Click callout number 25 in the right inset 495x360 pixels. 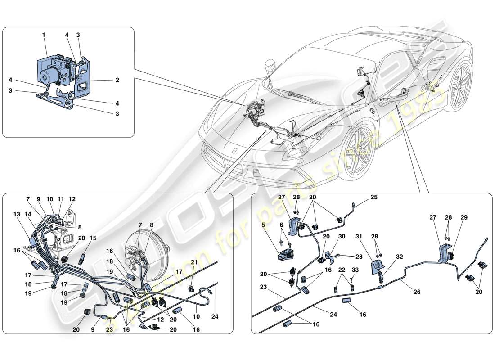coord(374,198)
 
